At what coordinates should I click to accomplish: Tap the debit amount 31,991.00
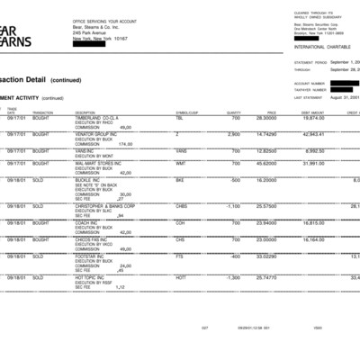tap(311, 164)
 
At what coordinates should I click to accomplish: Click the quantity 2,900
tap(232, 134)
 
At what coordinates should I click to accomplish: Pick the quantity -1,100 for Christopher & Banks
tap(231, 206)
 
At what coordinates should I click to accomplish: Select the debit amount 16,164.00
tap(311, 239)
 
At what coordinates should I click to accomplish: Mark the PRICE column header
tap(271, 112)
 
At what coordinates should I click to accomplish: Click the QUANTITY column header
tap(232, 112)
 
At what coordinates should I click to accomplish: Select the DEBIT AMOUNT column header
tap(313, 112)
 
